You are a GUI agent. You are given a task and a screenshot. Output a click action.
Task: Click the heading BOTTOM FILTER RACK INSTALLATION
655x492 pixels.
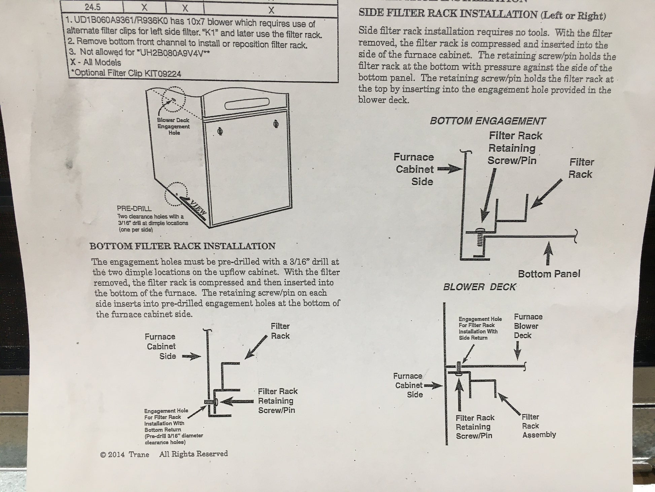coord(182,246)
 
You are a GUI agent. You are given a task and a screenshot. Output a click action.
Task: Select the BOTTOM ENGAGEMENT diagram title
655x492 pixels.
coord(488,121)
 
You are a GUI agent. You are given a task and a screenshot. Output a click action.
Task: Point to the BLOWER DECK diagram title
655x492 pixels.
coord(479,287)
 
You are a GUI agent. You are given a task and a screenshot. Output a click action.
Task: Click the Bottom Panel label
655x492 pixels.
coord(549,274)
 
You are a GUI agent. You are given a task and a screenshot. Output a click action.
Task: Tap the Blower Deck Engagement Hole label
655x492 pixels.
coord(173,126)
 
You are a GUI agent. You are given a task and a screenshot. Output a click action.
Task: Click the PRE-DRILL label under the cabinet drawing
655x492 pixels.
coord(134,209)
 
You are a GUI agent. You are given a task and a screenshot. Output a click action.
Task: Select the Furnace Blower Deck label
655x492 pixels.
coord(527,326)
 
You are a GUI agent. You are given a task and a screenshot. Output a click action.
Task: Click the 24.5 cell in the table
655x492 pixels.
coord(92,7)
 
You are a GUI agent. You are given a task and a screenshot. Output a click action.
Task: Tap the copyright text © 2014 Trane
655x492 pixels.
coord(125,454)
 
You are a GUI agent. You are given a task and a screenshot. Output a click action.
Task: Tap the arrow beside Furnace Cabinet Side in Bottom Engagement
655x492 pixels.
coord(449,169)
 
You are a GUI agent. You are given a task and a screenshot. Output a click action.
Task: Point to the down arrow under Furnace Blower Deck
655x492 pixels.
coord(518,352)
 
